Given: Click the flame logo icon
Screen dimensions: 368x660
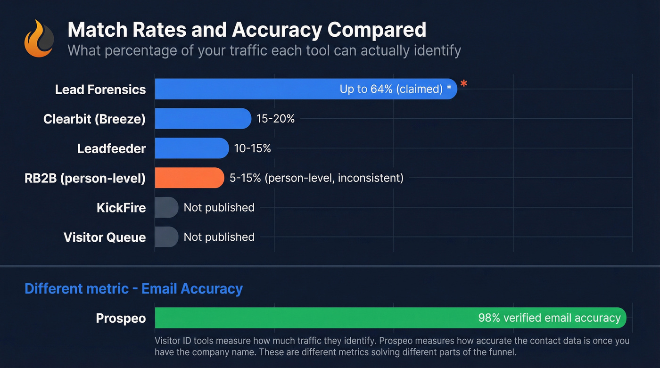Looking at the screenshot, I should [39, 39].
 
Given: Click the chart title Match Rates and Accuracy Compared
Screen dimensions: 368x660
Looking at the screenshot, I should [247, 30].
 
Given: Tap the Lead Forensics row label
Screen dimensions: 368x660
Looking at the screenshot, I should [100, 90].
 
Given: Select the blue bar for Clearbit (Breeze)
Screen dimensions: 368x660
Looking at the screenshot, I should [203, 119].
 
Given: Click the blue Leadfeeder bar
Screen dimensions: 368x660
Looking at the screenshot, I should [191, 148].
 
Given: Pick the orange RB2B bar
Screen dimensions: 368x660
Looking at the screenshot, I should [189, 178].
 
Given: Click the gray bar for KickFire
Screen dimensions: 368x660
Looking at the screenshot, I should [166, 207].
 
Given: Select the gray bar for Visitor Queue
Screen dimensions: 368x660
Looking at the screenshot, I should [166, 237].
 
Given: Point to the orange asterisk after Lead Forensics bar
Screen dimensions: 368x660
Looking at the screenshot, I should [464, 84].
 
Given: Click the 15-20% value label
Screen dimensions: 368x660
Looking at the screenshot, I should [276, 119].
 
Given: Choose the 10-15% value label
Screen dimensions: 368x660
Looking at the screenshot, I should [253, 148].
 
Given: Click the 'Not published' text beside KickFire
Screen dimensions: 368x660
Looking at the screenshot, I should [219, 207].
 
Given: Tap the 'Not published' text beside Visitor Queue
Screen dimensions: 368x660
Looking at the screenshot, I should [219, 237].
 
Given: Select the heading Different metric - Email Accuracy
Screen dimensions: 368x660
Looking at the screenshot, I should [133, 288].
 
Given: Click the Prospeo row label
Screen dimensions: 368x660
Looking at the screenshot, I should [121, 319].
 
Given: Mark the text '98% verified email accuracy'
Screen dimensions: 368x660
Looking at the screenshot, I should [549, 318].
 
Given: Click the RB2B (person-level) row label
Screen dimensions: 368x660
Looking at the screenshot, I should [85, 178].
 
